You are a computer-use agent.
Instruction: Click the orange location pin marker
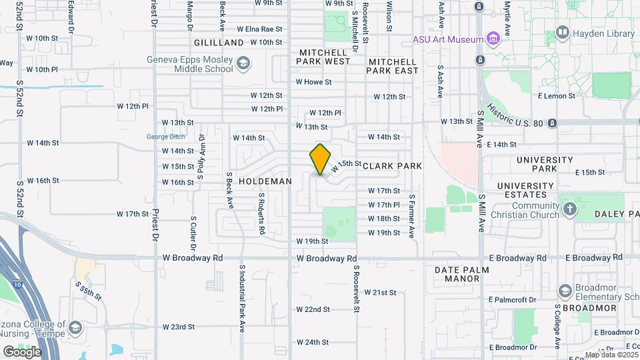(x=320, y=159)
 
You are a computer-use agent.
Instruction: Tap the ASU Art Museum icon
(x=493, y=39)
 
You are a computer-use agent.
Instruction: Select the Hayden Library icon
(x=562, y=33)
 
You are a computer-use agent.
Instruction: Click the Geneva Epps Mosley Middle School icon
(x=244, y=63)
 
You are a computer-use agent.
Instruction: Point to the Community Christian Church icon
(x=569, y=209)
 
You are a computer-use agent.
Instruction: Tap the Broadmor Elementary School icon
(x=565, y=291)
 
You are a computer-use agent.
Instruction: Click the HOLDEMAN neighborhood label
(x=265, y=181)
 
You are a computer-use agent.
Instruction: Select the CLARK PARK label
(x=392, y=165)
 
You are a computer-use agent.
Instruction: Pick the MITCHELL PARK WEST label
(x=325, y=57)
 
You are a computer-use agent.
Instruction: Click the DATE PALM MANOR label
(x=461, y=274)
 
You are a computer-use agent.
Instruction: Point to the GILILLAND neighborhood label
(x=219, y=42)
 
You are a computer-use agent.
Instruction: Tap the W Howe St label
(x=314, y=82)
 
